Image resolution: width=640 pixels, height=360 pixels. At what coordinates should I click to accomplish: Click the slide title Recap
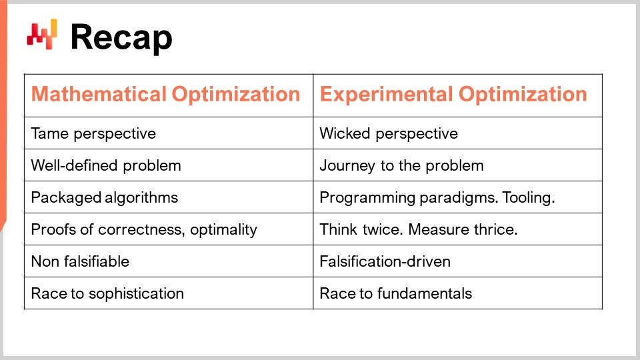[x=121, y=37]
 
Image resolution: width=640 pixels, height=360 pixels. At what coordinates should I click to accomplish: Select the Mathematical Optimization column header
[x=165, y=94]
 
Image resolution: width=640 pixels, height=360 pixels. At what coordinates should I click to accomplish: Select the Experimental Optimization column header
[x=453, y=94]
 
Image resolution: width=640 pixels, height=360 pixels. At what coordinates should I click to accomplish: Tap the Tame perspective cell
[x=93, y=133]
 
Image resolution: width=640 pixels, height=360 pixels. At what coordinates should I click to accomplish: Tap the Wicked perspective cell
[x=389, y=133]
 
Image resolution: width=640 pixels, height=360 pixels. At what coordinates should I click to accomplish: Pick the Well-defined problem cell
[x=106, y=165]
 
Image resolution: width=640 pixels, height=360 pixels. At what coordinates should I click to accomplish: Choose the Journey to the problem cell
[x=401, y=165]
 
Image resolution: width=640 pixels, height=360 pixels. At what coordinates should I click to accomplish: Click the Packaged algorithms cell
[x=105, y=197]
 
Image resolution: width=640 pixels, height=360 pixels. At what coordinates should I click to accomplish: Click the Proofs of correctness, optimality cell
[x=144, y=229]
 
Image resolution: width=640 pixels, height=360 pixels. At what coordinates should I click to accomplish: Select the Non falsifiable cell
[x=80, y=261]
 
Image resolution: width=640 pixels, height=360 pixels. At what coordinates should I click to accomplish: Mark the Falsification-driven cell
[x=385, y=261]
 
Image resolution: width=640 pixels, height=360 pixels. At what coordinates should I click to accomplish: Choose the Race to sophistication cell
[x=107, y=293]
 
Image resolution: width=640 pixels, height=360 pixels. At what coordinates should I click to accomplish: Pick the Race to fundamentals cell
[x=395, y=293]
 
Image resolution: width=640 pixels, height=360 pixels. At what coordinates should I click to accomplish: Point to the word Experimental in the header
[x=385, y=94]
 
